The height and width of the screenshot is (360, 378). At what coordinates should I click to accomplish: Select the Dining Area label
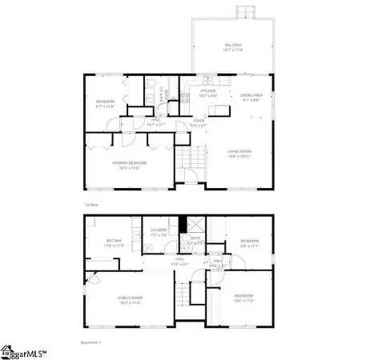[252, 97]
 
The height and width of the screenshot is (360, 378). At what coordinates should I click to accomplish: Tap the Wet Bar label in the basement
[113, 243]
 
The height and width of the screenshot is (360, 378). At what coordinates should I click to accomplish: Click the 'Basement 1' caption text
[93, 342]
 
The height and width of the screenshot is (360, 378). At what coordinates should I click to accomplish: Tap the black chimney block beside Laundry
[183, 225]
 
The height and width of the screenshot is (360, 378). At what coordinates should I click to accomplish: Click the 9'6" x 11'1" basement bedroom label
[250, 244]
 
